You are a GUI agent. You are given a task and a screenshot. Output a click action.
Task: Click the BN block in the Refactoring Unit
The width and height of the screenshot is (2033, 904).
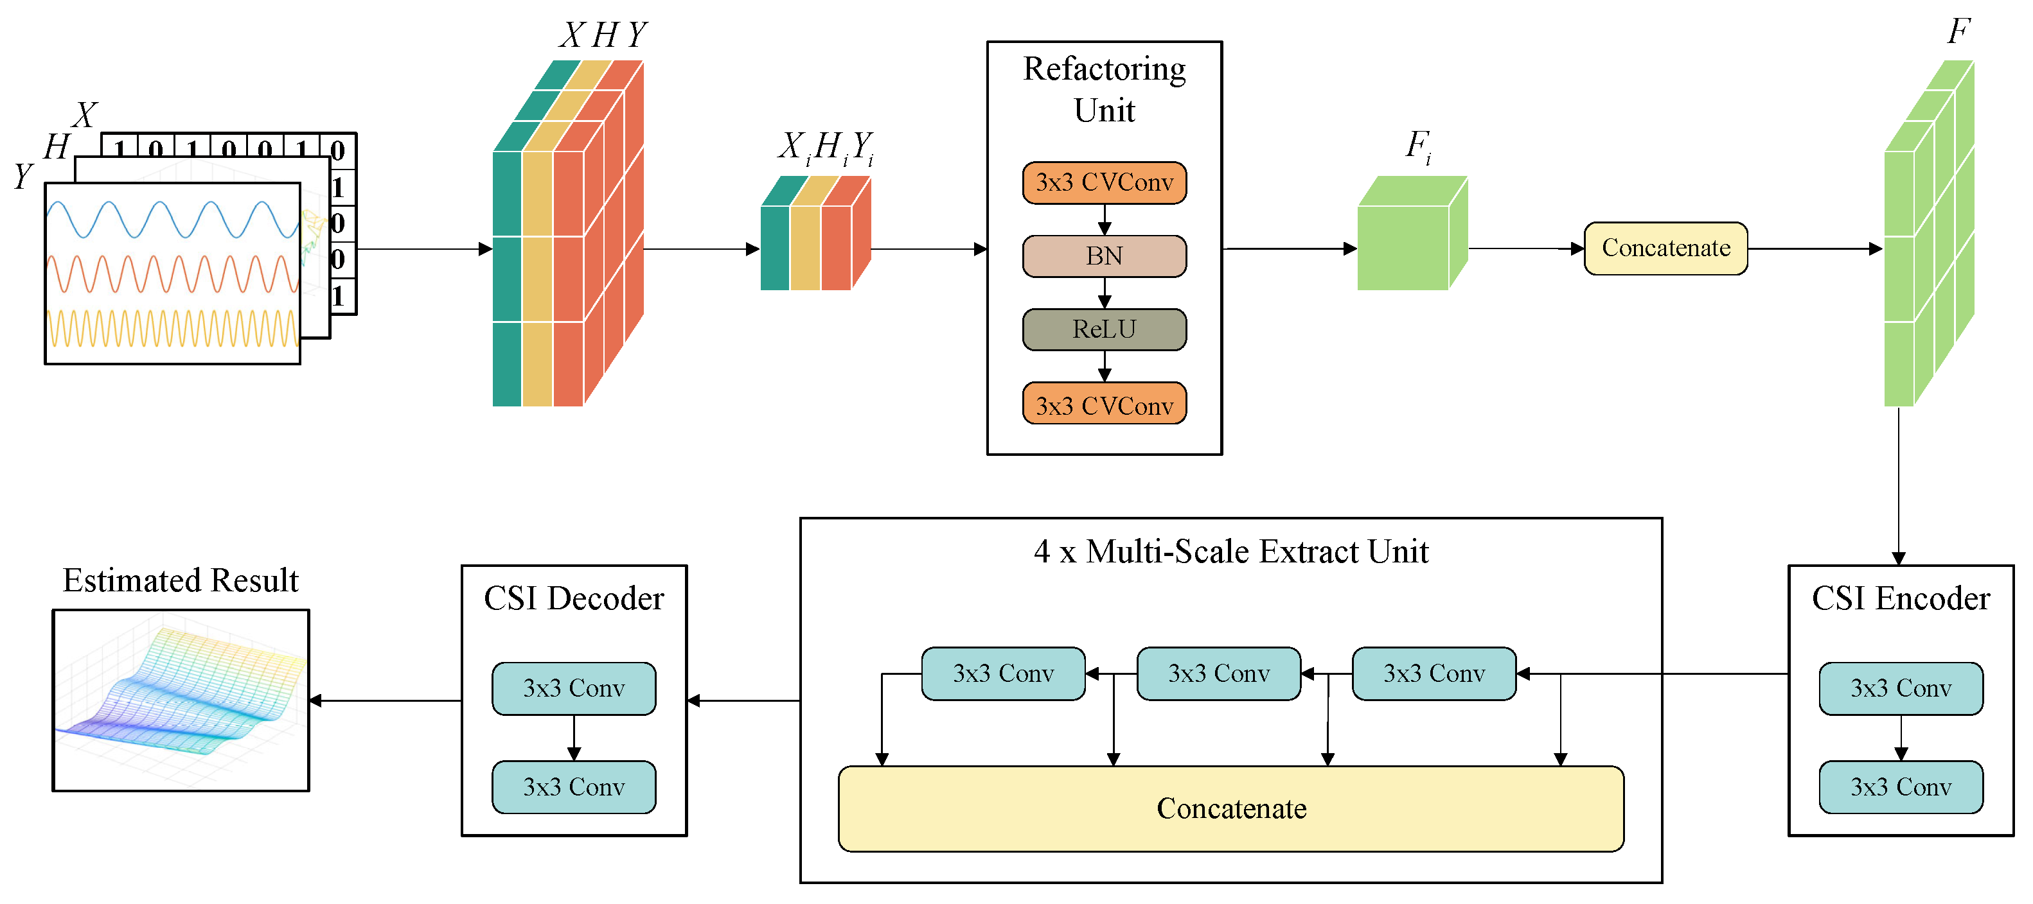[x=1103, y=256]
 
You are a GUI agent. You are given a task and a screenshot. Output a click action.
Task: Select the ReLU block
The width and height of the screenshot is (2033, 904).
[x=1103, y=329]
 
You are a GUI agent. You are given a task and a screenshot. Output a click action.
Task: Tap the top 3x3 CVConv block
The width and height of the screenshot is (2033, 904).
[x=1103, y=183]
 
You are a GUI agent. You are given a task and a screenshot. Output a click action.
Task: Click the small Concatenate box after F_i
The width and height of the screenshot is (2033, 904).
[x=1665, y=248]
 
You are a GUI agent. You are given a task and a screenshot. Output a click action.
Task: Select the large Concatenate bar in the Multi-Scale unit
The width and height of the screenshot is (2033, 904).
[x=1230, y=808]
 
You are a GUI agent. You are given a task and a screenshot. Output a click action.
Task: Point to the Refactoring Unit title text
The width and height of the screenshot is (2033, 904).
[x=1103, y=89]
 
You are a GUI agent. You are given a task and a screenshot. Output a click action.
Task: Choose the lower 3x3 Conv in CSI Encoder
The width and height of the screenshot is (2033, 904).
[x=1901, y=787]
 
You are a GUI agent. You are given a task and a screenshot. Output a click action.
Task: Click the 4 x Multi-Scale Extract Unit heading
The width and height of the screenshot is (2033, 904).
[x=1230, y=552]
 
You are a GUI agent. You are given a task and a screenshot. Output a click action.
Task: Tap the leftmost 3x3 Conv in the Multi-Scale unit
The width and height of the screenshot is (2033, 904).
[x=1003, y=674]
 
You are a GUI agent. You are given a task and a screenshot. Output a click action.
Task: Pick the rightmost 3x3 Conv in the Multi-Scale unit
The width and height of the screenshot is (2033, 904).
[x=1434, y=674]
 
